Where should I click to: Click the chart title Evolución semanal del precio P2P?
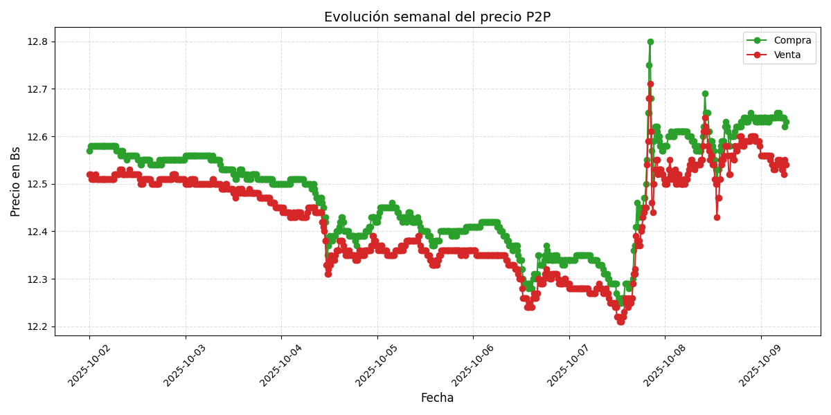[437, 17]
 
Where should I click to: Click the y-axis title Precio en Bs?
[16, 181]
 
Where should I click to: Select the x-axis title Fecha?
[437, 398]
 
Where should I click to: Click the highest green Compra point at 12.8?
[650, 41]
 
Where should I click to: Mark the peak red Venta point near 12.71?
[650, 84]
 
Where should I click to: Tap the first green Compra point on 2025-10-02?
[89, 151]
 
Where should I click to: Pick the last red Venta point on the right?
[785, 165]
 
